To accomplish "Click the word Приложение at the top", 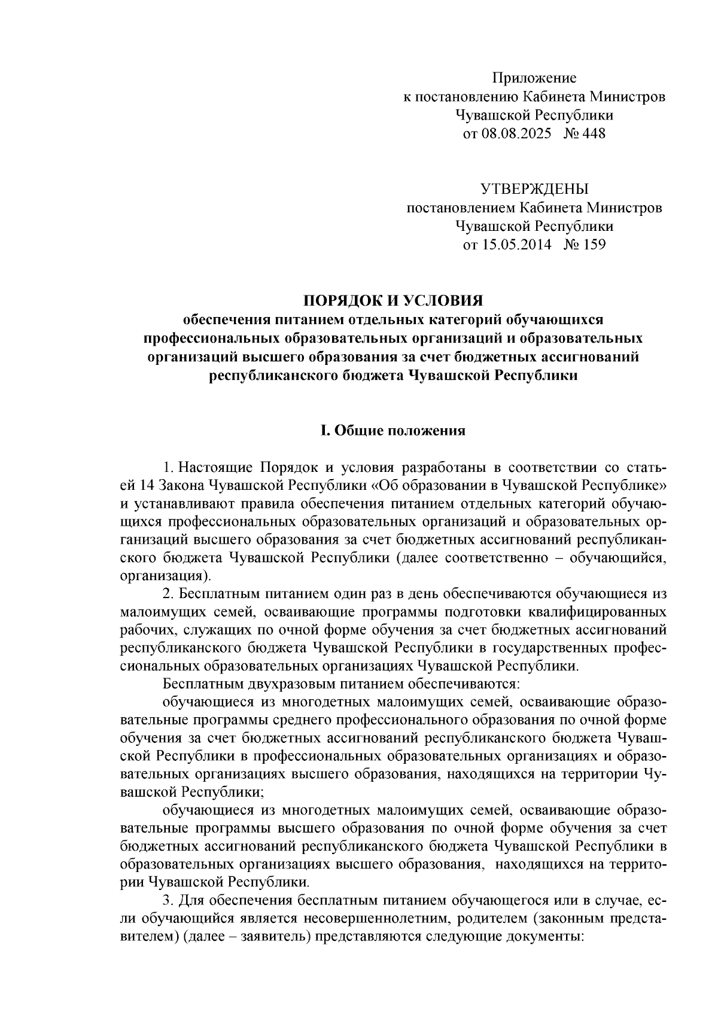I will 534,78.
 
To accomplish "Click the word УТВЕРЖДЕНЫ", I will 534,190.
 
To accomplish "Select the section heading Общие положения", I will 400,431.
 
